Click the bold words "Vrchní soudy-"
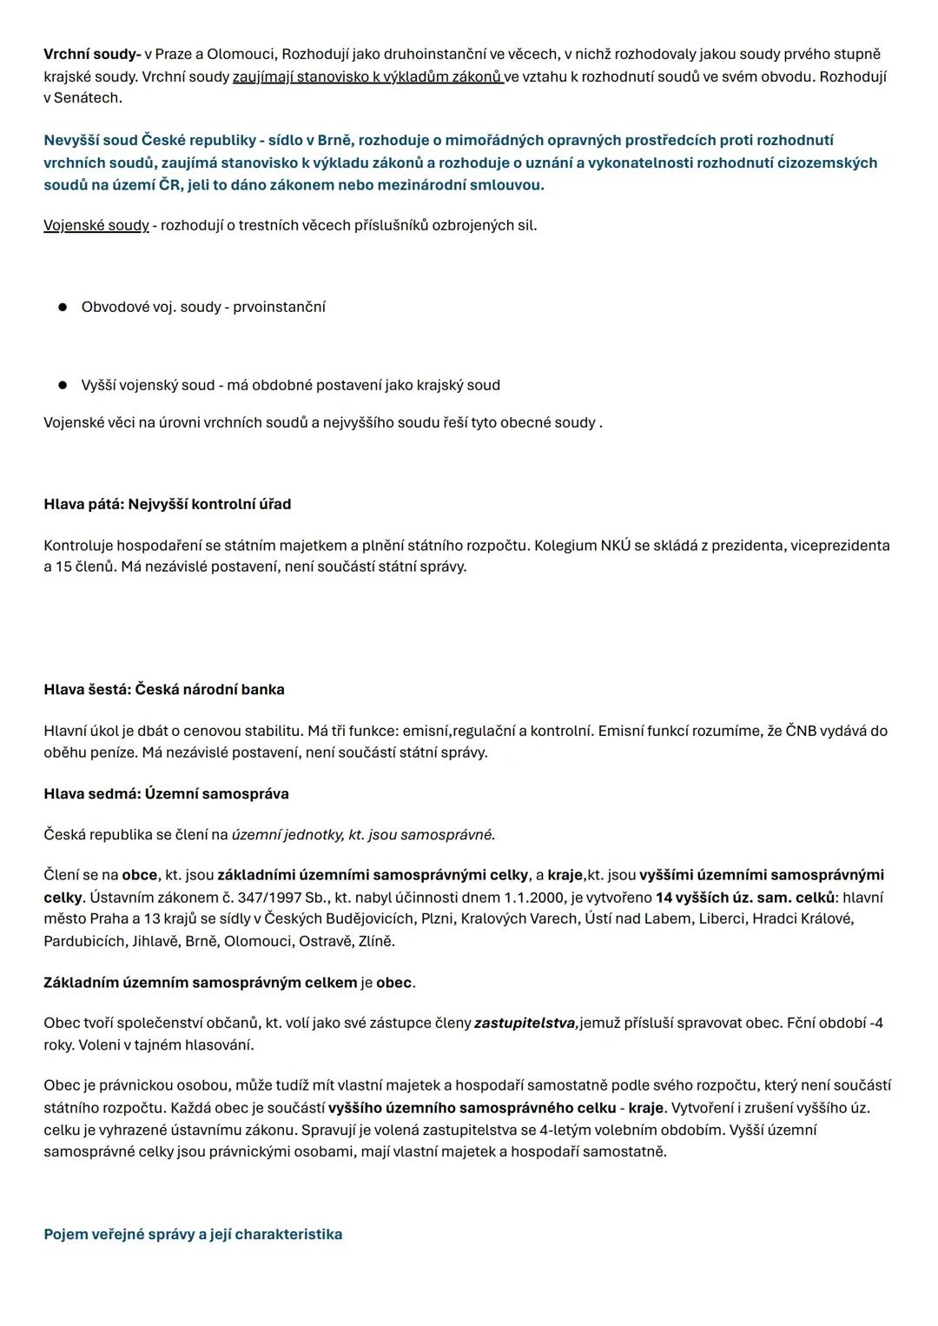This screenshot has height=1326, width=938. [92, 55]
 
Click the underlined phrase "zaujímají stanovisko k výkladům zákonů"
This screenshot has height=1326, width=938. [367, 76]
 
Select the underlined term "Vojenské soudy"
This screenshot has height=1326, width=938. [96, 226]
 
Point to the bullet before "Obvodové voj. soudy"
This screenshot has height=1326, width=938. [63, 308]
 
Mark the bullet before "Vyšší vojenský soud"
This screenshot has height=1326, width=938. [63, 385]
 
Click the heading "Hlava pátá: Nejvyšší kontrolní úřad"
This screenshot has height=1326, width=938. [168, 505]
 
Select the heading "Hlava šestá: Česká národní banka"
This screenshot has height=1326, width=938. [164, 690]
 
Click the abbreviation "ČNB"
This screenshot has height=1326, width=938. [801, 732]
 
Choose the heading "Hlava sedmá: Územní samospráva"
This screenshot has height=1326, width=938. [166, 794]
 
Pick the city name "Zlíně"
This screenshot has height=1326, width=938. [376, 941]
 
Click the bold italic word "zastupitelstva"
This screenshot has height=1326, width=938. [525, 1024]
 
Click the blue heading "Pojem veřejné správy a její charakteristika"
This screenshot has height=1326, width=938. [193, 1235]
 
